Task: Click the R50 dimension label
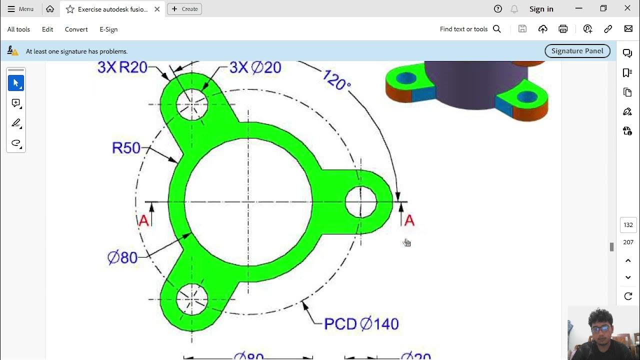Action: point(126,147)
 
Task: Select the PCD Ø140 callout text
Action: point(361,324)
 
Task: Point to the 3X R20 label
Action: point(122,67)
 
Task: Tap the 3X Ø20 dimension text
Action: point(255,67)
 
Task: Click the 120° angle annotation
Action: point(336,80)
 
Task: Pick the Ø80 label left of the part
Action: point(122,257)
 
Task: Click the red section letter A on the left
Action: point(143,220)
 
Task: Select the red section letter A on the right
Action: point(409,220)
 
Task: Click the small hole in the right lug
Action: point(360,202)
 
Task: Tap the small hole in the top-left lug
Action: point(192,104)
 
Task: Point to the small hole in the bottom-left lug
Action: point(192,299)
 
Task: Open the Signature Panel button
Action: point(577,51)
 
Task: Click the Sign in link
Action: point(541,9)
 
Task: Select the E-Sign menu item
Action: point(108,29)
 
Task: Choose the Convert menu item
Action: point(76,29)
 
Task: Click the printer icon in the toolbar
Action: point(563,29)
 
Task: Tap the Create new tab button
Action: point(184,9)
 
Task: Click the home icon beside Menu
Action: point(50,9)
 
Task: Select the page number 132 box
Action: point(628,225)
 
